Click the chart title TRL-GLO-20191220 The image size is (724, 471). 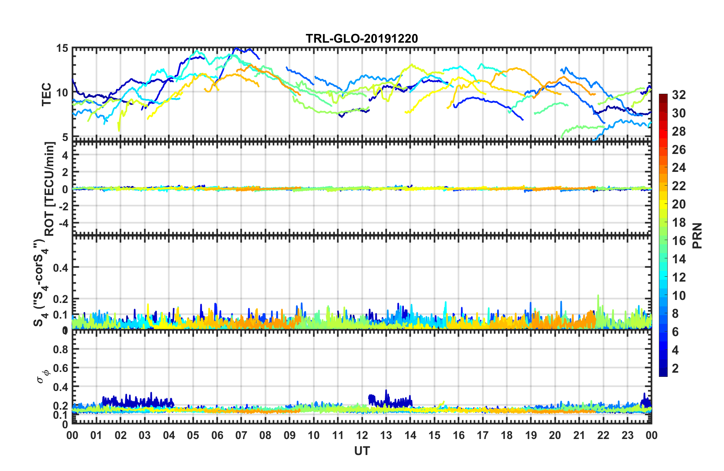362,38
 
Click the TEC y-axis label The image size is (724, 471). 46,94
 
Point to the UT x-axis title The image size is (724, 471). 362,451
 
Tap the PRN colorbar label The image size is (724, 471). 697,235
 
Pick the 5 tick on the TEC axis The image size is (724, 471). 65,137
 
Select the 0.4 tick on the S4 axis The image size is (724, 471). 61,268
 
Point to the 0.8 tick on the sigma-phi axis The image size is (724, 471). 61,349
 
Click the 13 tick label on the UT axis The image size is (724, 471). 386,436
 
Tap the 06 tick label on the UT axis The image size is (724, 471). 217,436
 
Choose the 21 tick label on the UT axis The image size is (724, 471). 579,436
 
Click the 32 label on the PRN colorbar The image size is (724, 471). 679,95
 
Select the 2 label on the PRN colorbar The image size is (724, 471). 676,368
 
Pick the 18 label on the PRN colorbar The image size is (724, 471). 679,223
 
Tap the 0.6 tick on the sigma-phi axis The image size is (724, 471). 61,368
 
